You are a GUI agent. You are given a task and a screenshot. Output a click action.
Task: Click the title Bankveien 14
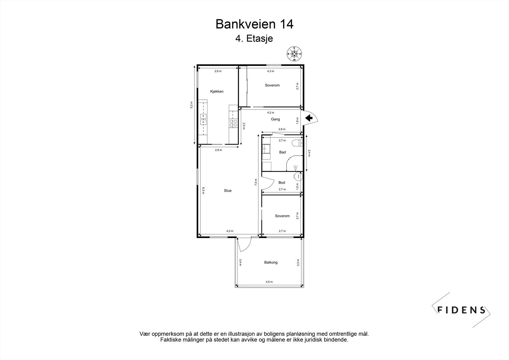(254, 24)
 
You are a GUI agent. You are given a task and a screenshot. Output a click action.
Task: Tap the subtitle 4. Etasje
(254, 39)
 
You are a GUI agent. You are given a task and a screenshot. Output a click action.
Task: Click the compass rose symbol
(294, 54)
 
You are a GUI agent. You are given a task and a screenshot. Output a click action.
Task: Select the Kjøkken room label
(217, 91)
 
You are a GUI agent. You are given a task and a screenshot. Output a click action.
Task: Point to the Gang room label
(275, 119)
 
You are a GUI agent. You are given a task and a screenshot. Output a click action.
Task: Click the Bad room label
(282, 152)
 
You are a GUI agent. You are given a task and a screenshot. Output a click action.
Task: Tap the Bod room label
(282, 182)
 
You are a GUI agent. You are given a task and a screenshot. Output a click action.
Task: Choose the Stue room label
(228, 191)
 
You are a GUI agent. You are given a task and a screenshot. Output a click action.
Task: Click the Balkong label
(271, 262)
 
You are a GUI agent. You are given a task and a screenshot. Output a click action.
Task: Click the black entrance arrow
(309, 118)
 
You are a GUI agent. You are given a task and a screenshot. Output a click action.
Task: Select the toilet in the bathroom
(297, 143)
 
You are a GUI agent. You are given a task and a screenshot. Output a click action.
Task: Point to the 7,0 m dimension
(256, 182)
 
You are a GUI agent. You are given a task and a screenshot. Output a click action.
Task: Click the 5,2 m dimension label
(191, 105)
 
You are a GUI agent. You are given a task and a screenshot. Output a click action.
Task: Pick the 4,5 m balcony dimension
(269, 282)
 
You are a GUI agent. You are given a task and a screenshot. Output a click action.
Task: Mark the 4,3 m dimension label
(271, 71)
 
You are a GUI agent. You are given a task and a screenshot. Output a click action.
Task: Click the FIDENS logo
(461, 310)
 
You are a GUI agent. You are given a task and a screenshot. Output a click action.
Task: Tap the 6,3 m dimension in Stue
(204, 191)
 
